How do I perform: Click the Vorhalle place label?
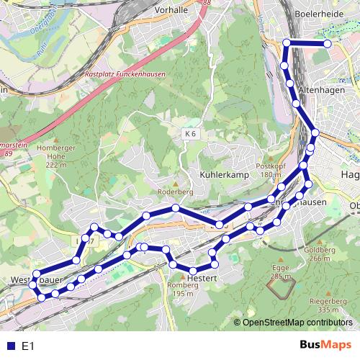pyautogui.click(x=171, y=11)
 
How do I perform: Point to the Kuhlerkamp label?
pyautogui.click(x=224, y=175)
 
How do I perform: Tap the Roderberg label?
pyautogui.click(x=171, y=193)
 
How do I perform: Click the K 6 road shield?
pyautogui.click(x=190, y=133)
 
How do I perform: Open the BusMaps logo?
pyautogui.click(x=325, y=345)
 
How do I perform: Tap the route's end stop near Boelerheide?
pyautogui.click(x=328, y=44)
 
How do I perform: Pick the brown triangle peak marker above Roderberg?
pyautogui.click(x=172, y=184)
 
